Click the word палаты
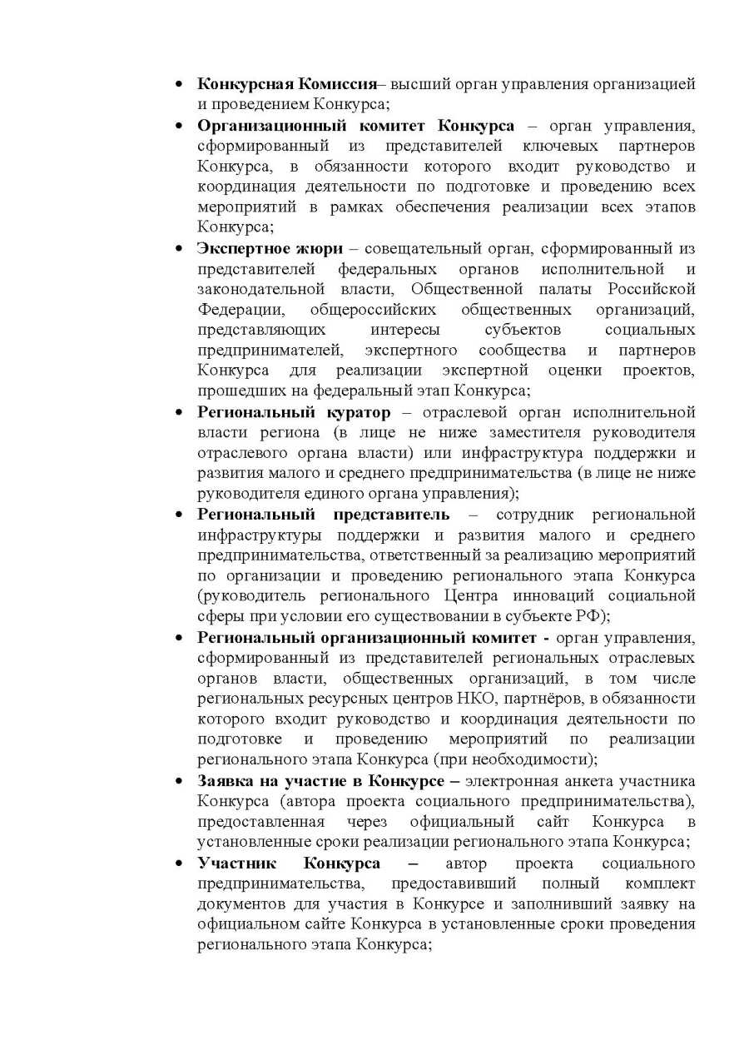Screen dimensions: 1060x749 click(581, 289)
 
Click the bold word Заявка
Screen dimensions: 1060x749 click(226, 780)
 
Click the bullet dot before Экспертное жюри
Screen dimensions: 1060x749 click(179, 248)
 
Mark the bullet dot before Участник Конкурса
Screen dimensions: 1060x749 click(179, 862)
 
